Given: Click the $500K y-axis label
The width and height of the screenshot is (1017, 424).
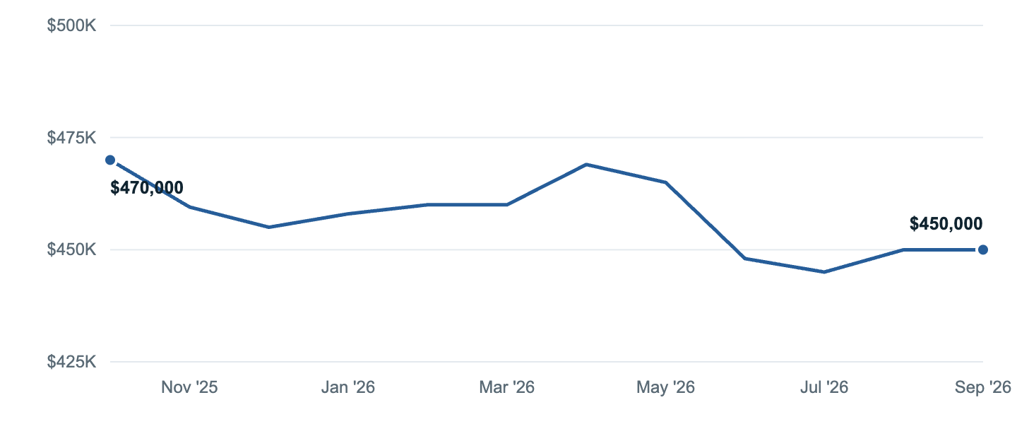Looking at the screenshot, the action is [x=71, y=25].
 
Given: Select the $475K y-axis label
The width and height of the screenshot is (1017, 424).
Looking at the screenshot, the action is [x=71, y=137].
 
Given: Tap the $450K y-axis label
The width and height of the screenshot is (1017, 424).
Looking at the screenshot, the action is [x=71, y=249].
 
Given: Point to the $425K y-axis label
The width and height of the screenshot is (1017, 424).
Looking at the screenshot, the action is [x=71, y=362].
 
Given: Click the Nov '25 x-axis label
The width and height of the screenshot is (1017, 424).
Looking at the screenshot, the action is [x=189, y=387].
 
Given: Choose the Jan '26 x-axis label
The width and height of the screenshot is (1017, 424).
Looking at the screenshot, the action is [x=347, y=387].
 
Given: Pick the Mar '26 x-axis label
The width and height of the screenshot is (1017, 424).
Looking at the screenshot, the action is [x=506, y=387].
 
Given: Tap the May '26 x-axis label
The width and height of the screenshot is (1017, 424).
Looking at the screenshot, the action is [x=665, y=387].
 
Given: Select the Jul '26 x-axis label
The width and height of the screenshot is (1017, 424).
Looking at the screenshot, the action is [x=824, y=387].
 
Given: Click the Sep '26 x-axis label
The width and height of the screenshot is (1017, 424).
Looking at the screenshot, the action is [x=983, y=387].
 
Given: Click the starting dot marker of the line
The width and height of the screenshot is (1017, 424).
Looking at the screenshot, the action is [x=110, y=160].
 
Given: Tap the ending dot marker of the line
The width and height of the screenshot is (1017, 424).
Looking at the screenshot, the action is [x=983, y=249].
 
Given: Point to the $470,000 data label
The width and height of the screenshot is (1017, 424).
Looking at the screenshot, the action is [x=147, y=188].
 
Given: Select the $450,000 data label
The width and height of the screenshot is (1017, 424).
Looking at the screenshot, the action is [x=946, y=223].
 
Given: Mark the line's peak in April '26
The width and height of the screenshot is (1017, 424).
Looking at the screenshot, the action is [x=586, y=165].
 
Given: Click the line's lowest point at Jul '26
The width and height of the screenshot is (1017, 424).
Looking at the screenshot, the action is [x=824, y=272].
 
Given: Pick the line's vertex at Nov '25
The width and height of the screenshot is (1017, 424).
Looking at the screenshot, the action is [x=189, y=207].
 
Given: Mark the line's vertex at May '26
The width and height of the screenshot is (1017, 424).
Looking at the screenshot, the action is [x=665, y=182].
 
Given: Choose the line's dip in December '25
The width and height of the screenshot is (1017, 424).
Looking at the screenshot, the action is [x=269, y=228].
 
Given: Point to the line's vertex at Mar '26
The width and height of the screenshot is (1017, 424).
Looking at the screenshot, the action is [x=506, y=204].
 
